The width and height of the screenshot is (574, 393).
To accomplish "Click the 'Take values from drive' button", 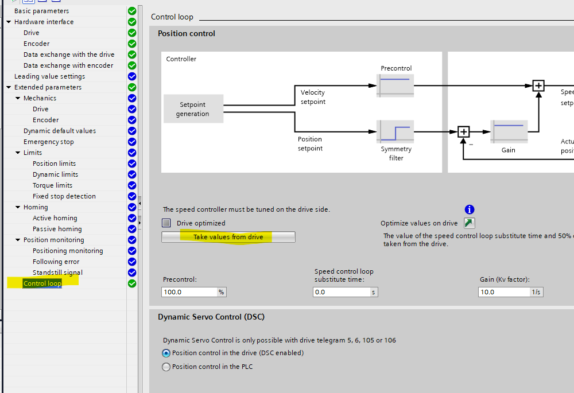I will (228, 237).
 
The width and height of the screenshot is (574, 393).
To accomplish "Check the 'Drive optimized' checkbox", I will (166, 223).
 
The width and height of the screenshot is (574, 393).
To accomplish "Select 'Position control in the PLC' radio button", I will (166, 367).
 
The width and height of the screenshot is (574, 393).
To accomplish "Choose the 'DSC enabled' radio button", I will (166, 353).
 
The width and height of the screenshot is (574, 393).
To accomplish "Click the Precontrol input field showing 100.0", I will (189, 292).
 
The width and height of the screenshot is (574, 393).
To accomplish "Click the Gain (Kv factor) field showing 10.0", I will (503, 292).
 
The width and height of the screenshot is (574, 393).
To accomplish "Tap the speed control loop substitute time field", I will (341, 292).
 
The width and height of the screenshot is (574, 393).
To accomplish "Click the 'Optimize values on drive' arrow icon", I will (470, 223).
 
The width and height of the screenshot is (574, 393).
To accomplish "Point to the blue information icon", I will (470, 209).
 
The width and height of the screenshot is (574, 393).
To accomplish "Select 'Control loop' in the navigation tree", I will (42, 283).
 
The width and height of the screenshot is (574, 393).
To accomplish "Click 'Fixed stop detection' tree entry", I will (64, 196).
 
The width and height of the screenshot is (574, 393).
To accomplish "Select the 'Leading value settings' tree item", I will (49, 76).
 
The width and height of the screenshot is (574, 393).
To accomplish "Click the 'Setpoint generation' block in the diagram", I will (192, 109).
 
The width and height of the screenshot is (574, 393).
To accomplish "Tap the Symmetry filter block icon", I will (395, 131).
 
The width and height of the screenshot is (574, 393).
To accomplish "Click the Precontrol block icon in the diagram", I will (395, 85).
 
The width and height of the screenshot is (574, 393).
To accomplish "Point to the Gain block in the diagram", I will (509, 131).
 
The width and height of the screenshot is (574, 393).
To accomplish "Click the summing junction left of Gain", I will (464, 132).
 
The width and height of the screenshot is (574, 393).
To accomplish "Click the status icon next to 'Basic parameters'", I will (132, 11).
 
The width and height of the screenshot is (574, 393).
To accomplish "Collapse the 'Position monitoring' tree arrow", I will (18, 240).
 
